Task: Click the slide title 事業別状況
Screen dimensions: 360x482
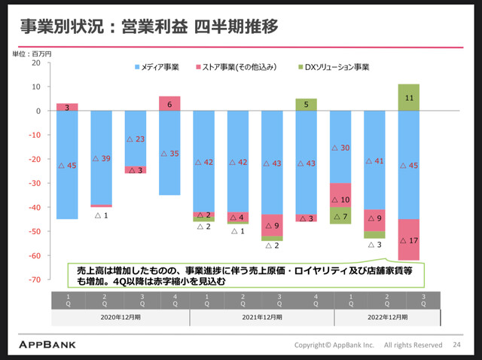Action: point(57,28)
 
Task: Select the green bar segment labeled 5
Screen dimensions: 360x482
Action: point(306,105)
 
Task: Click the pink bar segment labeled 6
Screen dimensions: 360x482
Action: point(169,104)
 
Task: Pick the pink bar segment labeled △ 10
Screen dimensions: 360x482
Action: point(340,200)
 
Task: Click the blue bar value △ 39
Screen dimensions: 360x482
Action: point(102,158)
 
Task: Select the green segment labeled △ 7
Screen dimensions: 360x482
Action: point(340,217)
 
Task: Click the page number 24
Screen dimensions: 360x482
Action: point(456,345)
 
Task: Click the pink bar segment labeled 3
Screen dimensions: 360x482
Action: point(67,107)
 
